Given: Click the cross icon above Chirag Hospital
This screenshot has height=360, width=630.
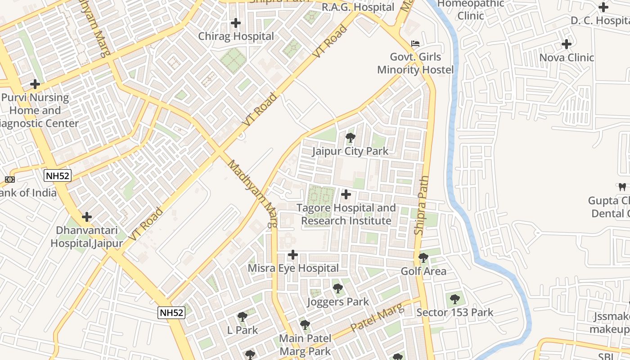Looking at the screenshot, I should click(x=235, y=23).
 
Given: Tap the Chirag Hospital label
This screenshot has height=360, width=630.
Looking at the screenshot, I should click(x=236, y=36).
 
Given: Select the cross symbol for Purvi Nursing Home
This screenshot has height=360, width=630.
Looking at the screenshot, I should click(x=35, y=84).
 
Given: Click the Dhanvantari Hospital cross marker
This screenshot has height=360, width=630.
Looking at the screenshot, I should click(x=87, y=217).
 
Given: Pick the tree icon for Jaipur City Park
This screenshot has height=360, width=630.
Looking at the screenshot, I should click(x=350, y=138).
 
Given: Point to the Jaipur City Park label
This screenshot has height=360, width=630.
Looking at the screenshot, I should click(x=350, y=151).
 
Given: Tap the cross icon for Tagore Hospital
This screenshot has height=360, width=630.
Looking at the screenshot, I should click(x=346, y=194).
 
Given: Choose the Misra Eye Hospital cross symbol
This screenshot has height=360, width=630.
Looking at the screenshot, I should click(x=293, y=255).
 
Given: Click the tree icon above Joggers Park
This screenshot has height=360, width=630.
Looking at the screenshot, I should click(x=337, y=288).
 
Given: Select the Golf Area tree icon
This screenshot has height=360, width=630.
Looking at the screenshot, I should click(x=423, y=258).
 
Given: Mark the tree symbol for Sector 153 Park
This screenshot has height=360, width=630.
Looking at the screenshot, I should click(x=455, y=299).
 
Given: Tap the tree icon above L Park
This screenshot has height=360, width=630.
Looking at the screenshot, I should click(x=242, y=317).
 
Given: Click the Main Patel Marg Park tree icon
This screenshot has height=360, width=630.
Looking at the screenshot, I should click(x=305, y=325).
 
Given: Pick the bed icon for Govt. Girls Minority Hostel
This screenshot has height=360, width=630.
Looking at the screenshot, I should click(x=415, y=44).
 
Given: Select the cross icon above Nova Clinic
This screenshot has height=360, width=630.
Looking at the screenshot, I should click(x=567, y=44).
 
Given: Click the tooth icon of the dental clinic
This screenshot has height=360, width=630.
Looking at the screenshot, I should click(x=622, y=187).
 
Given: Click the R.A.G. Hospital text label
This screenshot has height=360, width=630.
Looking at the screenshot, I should click(x=358, y=8).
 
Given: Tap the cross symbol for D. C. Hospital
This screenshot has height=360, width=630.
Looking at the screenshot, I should click(x=603, y=7).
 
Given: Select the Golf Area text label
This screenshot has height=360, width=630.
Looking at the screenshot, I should click(x=423, y=271).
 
